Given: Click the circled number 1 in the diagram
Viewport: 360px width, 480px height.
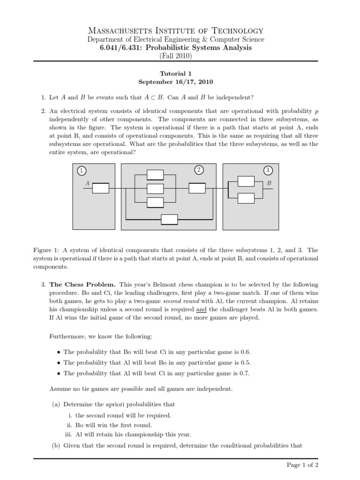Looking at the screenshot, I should [82, 171].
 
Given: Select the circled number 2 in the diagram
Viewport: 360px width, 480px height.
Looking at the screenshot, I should [199, 170].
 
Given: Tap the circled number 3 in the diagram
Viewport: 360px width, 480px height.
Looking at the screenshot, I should [268, 170].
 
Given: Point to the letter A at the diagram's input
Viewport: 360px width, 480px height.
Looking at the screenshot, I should [86, 183].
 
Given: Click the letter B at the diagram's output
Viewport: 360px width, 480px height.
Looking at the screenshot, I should [269, 183].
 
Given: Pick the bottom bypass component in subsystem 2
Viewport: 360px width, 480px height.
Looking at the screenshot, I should [169, 219].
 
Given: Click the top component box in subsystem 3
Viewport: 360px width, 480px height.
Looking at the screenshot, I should [246, 181].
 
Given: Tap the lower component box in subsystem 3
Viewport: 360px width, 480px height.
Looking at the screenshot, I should [246, 198].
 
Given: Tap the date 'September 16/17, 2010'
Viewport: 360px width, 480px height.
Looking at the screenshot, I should [176, 82].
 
